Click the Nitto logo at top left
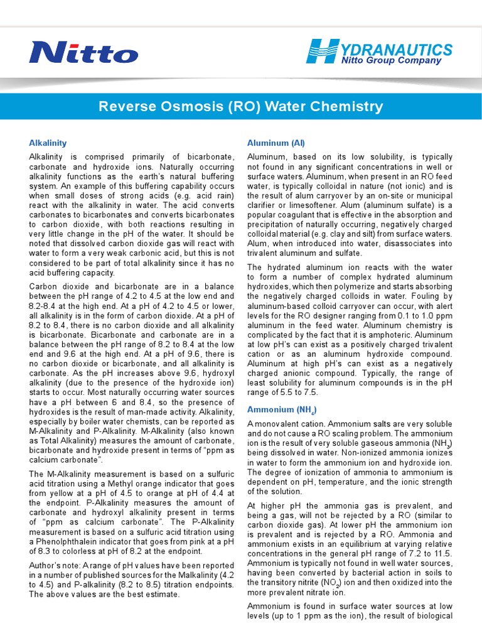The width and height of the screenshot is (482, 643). point(83,53)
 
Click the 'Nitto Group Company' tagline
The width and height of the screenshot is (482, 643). point(391,61)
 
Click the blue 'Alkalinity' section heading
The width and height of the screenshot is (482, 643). point(48,143)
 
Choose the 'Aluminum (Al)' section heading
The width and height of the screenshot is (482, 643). point(276,143)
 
